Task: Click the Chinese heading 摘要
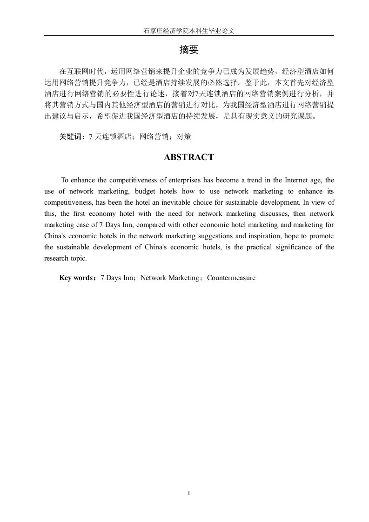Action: coord(189,50)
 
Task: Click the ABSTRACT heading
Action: coord(189,157)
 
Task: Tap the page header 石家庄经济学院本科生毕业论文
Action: coord(189,31)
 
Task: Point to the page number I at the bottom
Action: coord(189,492)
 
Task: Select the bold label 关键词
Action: coord(70,137)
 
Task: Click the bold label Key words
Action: coord(77,278)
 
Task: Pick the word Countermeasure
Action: coord(231,278)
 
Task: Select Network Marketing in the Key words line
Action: coord(170,278)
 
